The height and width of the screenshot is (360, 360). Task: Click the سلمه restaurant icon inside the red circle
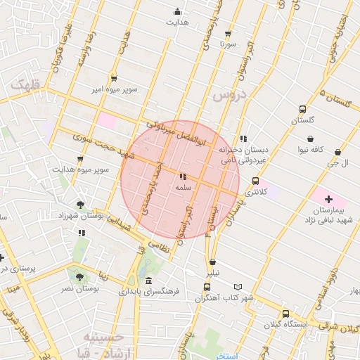pos(183,176)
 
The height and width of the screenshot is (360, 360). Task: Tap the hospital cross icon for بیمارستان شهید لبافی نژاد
pos(329,200)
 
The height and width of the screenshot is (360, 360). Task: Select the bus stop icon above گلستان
pos(302,109)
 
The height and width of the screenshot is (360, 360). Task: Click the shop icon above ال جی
pos(338,152)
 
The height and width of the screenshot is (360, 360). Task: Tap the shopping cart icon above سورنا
pos(228,33)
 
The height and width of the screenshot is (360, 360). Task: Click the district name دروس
pos(230,94)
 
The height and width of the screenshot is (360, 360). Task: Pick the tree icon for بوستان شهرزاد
pos(82,205)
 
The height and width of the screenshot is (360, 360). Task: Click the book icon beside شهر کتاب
pos(242,287)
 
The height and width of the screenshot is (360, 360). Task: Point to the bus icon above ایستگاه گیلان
pos(285,314)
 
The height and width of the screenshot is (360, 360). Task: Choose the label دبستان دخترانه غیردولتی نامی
pos(242,155)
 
